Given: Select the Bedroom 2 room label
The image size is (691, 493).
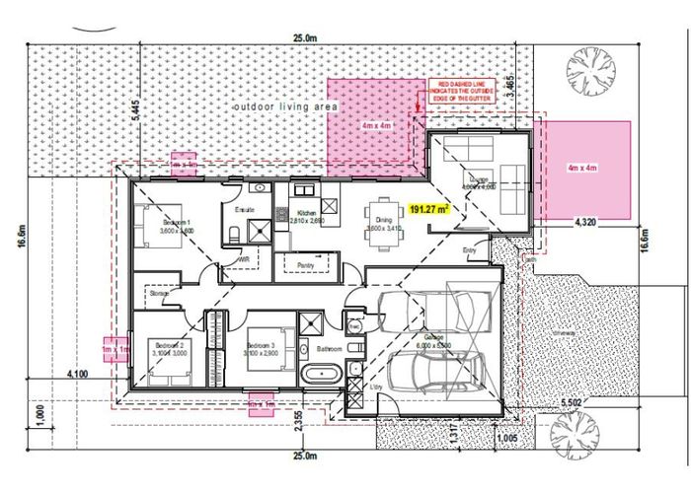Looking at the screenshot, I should (168, 347).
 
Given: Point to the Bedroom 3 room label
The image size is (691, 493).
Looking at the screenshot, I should (262, 347).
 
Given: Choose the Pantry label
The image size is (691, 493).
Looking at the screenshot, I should (305, 266).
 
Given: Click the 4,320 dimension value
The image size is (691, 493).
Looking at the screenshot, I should (584, 224).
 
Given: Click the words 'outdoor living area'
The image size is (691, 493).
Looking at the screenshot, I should (285, 106).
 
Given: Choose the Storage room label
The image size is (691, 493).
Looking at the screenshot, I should (160, 294).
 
